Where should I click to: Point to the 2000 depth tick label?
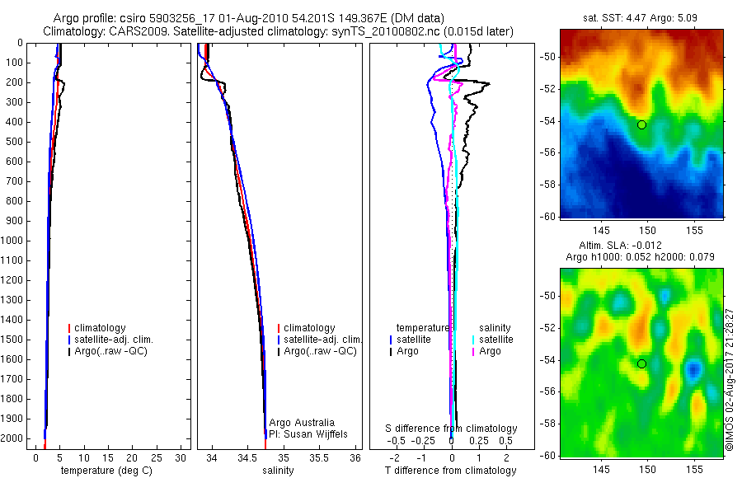point(15,439)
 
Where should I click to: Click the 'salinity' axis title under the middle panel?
point(279,471)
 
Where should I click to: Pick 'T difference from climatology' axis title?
point(451,471)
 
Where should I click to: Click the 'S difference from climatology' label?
point(452,429)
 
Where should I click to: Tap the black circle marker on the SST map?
point(641,124)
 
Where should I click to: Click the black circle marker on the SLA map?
point(641,363)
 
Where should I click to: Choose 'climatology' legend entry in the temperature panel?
point(101,328)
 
